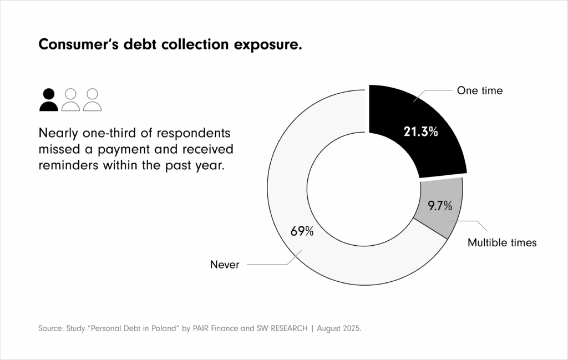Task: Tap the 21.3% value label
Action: point(420,133)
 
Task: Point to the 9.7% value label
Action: point(439,206)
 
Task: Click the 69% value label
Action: point(302,231)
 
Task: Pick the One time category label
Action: point(479,90)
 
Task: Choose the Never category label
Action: point(225,265)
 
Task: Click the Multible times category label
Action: point(501,242)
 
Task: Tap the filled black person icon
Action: point(49,100)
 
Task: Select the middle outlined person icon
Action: point(70,100)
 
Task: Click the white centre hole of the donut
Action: point(364,186)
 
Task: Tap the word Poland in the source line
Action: point(167,328)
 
